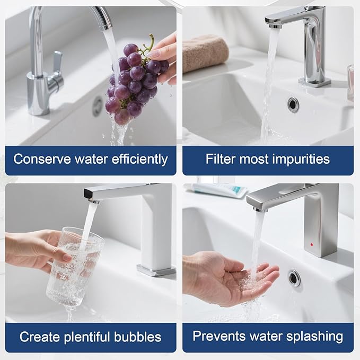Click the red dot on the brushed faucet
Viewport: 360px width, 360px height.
[x=312, y=244]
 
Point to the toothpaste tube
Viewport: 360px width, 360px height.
[x=218, y=190]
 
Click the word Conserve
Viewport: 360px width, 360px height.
[x=42, y=159]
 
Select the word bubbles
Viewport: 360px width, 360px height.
[x=137, y=337]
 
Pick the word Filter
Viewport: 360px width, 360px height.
[x=221, y=159]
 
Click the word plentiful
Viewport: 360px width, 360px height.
[x=87, y=337]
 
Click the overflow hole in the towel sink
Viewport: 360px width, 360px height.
[x=293, y=104]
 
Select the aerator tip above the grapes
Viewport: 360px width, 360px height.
[x=106, y=28]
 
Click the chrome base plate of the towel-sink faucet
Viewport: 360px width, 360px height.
[x=314, y=82]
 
